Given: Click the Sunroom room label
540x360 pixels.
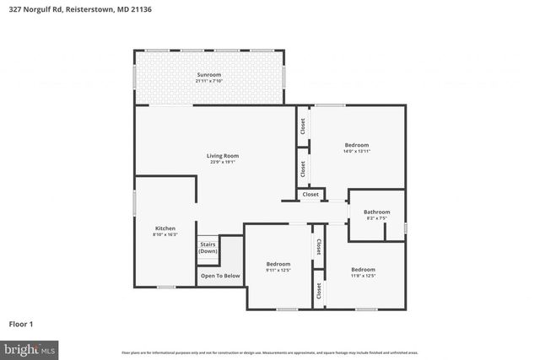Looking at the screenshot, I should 208,75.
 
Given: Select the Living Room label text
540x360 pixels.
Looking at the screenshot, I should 224,155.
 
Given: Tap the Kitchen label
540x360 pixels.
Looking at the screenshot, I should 165,228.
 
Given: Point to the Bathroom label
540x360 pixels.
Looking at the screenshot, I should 376,212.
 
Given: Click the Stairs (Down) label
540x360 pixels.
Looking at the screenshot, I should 208,248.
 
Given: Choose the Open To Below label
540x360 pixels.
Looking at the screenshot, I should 219,276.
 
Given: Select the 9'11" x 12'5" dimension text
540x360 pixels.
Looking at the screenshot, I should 278,270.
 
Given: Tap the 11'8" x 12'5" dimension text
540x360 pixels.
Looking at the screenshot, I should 363,275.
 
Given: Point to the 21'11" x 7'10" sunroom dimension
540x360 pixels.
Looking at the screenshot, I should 208,81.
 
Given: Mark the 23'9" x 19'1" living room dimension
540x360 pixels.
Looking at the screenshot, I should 224,162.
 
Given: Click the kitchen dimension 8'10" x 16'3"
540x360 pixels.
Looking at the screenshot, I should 165,234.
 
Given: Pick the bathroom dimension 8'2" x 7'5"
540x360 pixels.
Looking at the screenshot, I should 376,218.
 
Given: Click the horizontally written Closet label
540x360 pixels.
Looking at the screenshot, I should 310,195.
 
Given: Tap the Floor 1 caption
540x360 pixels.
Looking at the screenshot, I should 20,323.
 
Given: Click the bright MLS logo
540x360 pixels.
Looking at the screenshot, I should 29,348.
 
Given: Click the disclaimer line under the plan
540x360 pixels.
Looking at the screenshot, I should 269,352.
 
